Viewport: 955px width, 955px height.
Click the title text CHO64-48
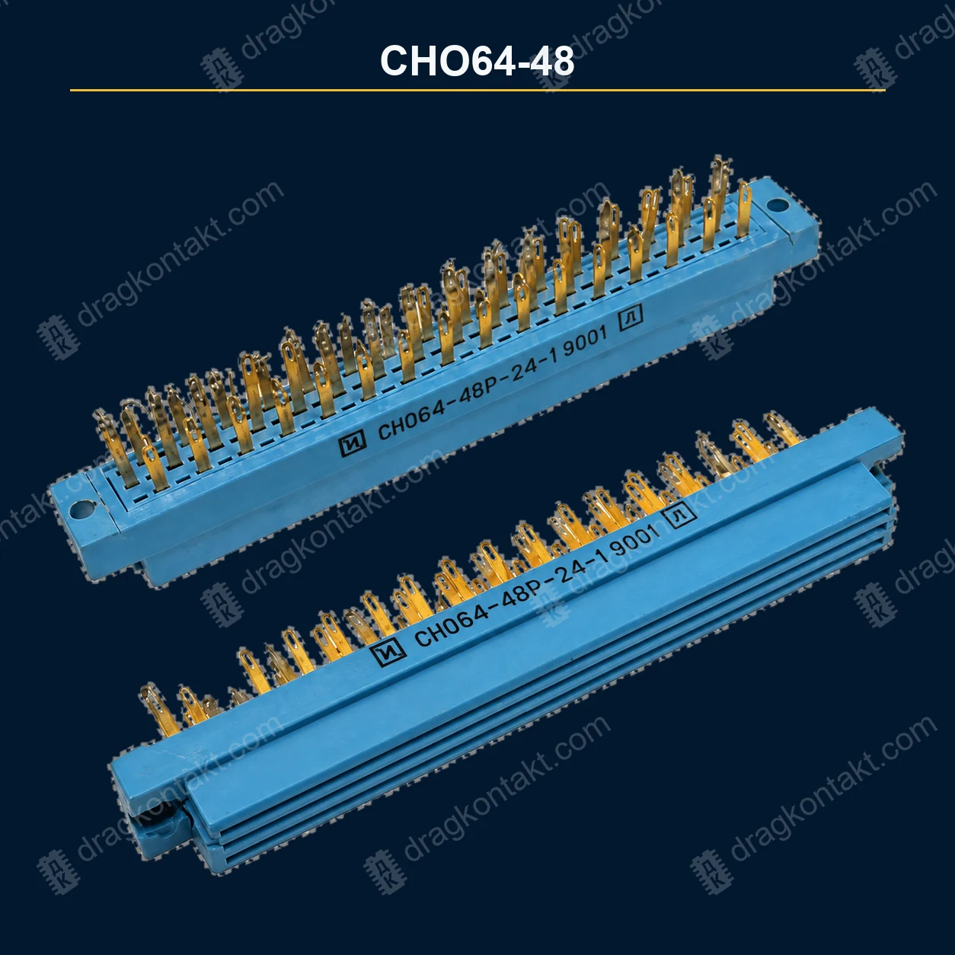pos(477,62)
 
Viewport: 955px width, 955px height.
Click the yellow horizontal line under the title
pos(477,90)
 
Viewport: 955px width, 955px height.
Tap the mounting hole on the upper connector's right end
pos(777,205)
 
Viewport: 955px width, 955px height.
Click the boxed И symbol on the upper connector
pos(352,441)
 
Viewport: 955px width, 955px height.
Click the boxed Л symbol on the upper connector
pos(631,317)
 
